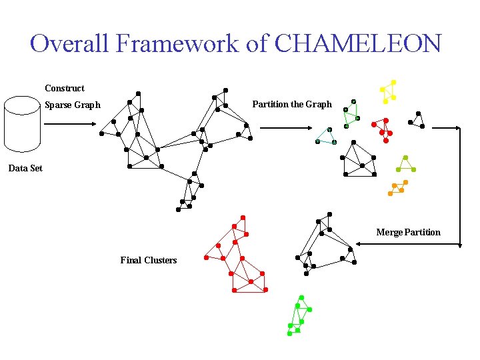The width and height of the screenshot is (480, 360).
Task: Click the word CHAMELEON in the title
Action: [358, 44]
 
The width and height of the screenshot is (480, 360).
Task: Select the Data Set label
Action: [25, 168]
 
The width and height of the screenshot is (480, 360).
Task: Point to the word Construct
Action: [65, 88]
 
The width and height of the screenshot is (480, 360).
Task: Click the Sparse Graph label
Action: [73, 105]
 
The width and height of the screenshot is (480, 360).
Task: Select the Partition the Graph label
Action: [292, 104]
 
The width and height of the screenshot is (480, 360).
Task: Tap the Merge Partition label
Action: [408, 232]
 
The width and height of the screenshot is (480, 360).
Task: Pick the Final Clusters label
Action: [149, 260]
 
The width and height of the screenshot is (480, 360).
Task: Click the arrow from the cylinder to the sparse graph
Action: [73, 123]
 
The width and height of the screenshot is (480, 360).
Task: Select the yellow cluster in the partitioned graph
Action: [388, 91]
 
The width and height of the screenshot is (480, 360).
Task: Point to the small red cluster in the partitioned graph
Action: [383, 128]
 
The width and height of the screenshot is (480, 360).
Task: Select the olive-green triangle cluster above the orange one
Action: [405, 165]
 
